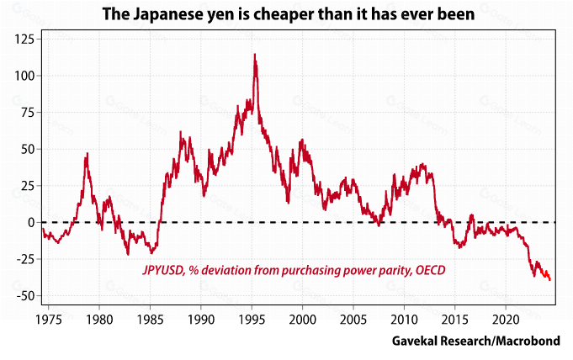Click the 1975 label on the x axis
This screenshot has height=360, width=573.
click(49, 320)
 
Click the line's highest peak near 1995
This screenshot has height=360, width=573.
click(254, 55)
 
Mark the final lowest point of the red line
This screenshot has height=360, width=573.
click(549, 280)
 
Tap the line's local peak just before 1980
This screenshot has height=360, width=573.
click(87, 154)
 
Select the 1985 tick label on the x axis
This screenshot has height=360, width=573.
click(151, 320)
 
